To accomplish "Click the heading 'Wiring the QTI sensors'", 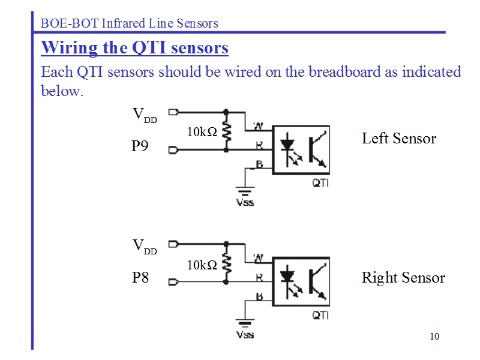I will (134, 48).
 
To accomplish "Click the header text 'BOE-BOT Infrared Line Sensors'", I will (129, 23).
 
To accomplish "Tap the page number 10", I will (434, 336).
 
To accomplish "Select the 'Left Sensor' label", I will (399, 139).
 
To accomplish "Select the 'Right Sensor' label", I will (403, 278).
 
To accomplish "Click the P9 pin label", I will (140, 146).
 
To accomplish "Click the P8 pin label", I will (140, 278).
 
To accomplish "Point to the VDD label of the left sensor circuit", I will (144, 115).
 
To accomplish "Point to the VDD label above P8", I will (144, 247).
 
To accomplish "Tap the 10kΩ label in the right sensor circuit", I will (202, 265).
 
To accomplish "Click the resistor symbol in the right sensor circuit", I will (226, 263).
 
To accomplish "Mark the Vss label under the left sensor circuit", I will (245, 202).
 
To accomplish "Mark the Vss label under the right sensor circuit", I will (245, 334).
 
